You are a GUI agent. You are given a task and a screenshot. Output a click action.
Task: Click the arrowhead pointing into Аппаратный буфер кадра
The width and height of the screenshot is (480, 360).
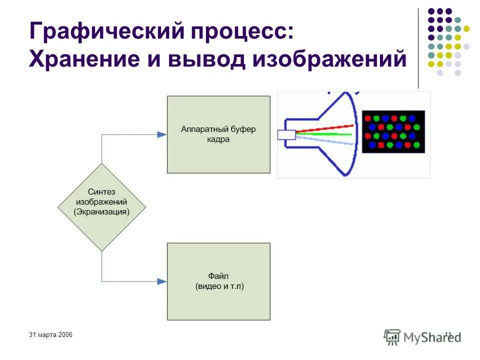coord(161,134)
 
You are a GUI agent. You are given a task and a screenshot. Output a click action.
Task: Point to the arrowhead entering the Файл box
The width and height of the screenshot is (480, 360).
coord(161,281)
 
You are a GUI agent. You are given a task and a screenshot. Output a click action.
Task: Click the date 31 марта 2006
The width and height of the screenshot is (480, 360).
coord(51,334)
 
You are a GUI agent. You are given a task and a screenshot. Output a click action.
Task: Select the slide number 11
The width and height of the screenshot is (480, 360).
coord(447,334)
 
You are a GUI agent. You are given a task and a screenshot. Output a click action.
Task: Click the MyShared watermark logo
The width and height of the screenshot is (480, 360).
coord(422,336)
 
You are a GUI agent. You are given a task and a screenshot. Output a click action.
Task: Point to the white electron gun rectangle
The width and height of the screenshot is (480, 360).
coord(286,134)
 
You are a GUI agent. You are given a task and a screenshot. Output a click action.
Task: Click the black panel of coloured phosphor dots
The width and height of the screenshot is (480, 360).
coord(393,132)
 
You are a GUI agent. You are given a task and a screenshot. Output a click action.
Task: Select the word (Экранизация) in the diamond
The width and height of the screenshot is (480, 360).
coord(101,211)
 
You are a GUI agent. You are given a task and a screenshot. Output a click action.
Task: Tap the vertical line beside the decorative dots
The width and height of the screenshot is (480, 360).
coord(418,48)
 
